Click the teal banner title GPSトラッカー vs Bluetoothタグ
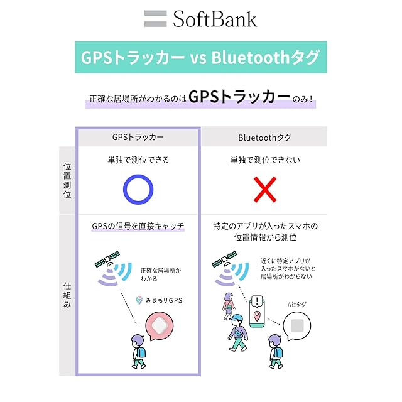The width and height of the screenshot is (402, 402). (201, 58)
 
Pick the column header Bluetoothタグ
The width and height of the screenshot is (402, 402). (264, 137)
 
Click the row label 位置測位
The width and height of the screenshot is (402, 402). (67, 180)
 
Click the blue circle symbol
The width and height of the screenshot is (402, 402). (138, 189)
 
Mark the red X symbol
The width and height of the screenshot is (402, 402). (264, 189)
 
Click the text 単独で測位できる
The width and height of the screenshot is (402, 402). (138, 160)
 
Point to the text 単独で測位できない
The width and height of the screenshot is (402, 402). (264, 160)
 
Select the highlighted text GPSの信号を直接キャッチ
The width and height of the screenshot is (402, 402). (138, 226)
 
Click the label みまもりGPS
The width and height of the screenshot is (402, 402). (161, 301)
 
